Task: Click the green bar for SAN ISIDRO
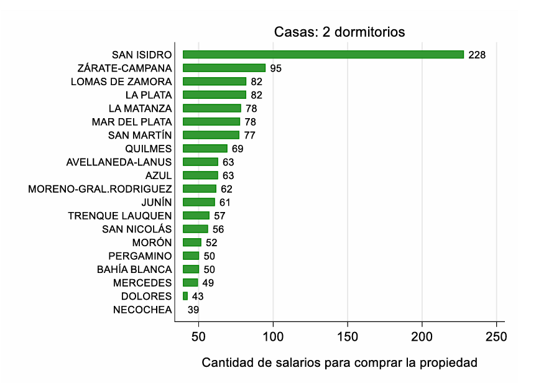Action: click(x=323, y=55)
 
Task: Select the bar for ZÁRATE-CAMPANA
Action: click(x=224, y=68)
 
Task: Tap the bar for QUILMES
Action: click(x=205, y=149)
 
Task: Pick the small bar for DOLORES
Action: click(x=185, y=297)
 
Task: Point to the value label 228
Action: click(x=477, y=55)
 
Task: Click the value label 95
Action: click(x=275, y=68)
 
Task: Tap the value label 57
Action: click(x=219, y=216)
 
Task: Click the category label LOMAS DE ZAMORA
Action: click(x=121, y=81)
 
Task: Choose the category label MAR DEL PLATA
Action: click(x=132, y=122)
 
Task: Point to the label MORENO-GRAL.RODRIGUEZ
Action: click(x=100, y=189)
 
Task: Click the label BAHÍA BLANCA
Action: click(x=134, y=270)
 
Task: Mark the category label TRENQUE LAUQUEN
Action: click(x=120, y=216)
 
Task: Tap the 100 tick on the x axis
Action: click(x=273, y=338)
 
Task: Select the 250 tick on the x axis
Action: click(x=496, y=338)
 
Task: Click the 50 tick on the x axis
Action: click(x=198, y=338)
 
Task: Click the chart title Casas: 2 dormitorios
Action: click(x=340, y=32)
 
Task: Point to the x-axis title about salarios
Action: click(x=340, y=362)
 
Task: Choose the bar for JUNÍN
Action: click(x=199, y=202)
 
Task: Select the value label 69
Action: click(x=238, y=149)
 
